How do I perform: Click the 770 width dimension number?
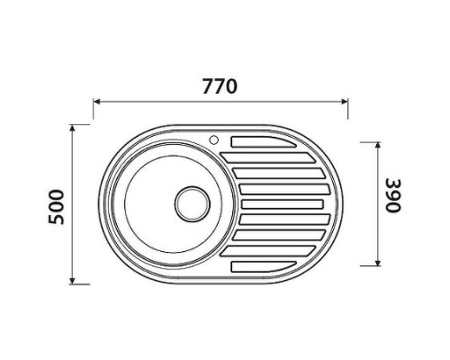point(220,87)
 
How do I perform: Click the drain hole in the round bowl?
point(191,202)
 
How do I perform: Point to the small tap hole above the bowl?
point(214,139)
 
